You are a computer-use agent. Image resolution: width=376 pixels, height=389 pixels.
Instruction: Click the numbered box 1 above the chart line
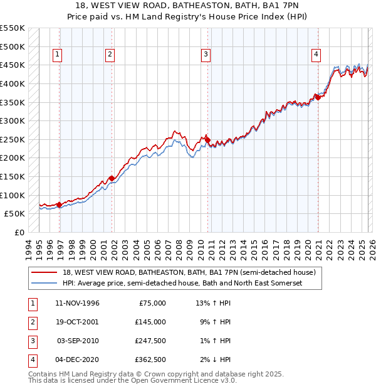57,55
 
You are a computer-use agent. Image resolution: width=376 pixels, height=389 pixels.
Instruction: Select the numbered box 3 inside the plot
206,55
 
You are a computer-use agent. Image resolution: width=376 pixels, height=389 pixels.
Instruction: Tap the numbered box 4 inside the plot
316,55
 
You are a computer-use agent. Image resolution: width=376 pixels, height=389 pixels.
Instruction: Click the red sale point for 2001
112,178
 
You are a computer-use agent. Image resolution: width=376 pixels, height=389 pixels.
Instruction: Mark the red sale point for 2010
207,139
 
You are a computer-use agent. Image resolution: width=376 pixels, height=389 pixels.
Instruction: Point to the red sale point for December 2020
318,97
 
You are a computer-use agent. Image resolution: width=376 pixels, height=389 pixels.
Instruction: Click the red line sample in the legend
44,272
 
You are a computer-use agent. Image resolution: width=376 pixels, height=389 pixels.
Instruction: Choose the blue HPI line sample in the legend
44,284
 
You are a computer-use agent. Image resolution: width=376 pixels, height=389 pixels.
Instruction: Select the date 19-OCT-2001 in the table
76,321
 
